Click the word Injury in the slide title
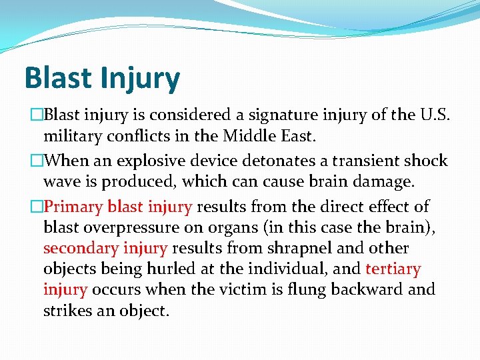click(x=141, y=79)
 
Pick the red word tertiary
click(x=393, y=269)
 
